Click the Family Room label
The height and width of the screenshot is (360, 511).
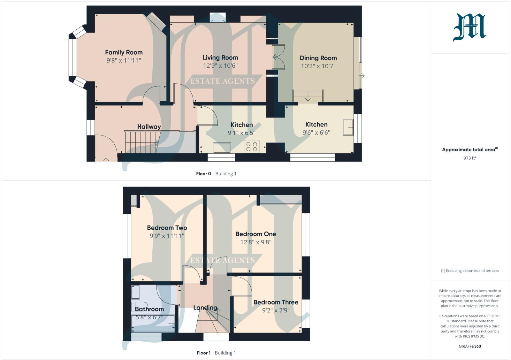tap(124, 52)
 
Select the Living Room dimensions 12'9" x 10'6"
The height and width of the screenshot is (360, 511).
tap(220, 66)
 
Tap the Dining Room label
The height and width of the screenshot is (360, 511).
tap(318, 58)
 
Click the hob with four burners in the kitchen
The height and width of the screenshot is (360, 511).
tap(251, 147)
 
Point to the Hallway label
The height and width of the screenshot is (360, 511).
tap(149, 126)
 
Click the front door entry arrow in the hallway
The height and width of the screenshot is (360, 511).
tap(106, 159)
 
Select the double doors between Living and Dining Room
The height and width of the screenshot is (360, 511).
tap(278, 57)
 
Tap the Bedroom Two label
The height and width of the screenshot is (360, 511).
tap(167, 228)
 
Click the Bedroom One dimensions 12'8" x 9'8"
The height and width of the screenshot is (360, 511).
tap(256, 242)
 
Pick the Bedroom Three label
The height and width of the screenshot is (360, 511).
tap(276, 302)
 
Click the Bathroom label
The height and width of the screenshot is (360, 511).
tap(149, 309)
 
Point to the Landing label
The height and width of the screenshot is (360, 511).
tap(205, 308)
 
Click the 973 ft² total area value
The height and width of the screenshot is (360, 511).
tap(469, 158)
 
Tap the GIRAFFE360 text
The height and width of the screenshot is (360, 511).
tap(469, 346)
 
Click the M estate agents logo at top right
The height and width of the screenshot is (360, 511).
tap(469, 27)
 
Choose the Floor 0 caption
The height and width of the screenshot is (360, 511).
tap(203, 174)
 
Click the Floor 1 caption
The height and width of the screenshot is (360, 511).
tap(203, 353)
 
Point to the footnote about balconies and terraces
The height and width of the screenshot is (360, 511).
tap(469, 271)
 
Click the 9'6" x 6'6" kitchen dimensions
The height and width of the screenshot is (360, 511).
tap(316, 133)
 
